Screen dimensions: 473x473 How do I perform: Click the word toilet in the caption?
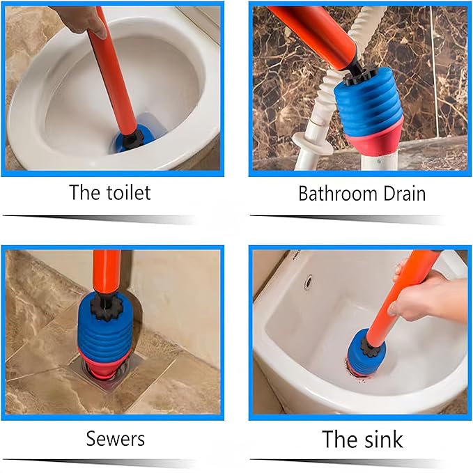point(129,192)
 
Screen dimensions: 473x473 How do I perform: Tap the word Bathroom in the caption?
point(338,194)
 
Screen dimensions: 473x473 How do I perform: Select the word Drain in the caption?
point(405,194)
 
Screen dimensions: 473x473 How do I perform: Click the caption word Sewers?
point(116,438)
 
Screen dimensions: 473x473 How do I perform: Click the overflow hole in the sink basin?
point(308,281)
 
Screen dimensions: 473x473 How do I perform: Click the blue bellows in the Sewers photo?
point(106,329)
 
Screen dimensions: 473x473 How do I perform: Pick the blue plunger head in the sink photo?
point(365,350)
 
